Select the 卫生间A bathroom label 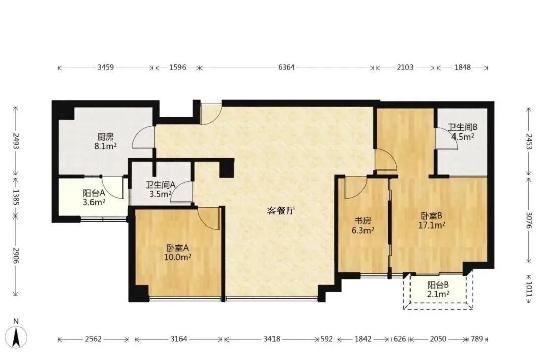(160, 185)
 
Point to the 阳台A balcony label (94, 193)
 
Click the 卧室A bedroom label (178, 248)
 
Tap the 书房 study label (362, 221)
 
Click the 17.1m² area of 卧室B (431, 226)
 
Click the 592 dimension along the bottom (327, 339)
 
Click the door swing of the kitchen (143, 138)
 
